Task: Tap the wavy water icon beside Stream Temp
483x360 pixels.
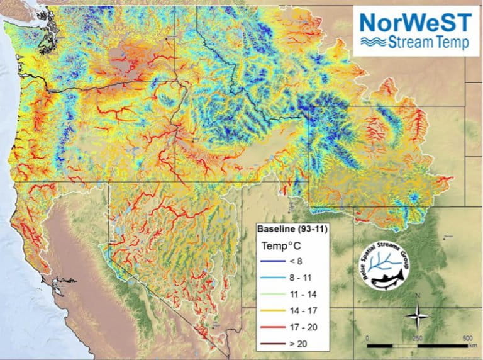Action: pyautogui.click(x=372, y=43)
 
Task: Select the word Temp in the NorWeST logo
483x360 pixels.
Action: pyautogui.click(x=454, y=43)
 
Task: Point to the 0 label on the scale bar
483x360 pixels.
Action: pyautogui.click(x=367, y=338)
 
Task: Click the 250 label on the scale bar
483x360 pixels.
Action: pyautogui.click(x=416, y=338)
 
